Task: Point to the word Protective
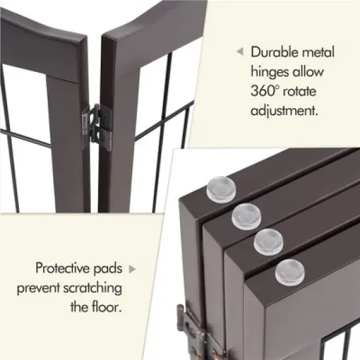click(x=65, y=268)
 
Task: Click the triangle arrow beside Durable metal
click(x=240, y=50)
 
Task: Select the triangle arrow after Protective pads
click(x=133, y=268)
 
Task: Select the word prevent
click(x=39, y=287)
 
